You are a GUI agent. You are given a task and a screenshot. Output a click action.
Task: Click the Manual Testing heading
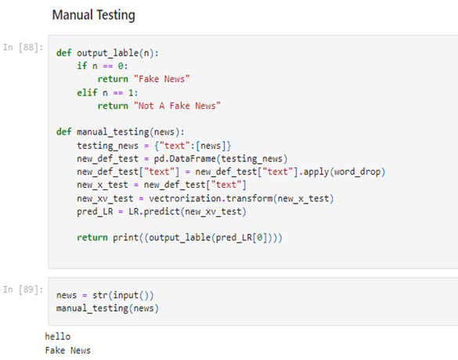[93, 15]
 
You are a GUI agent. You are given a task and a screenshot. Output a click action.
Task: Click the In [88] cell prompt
[23, 47]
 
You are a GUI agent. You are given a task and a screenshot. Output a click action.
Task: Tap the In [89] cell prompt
[23, 290]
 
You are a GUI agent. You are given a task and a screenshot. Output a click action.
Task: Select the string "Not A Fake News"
[177, 106]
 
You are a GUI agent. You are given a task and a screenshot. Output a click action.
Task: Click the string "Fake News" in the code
[162, 79]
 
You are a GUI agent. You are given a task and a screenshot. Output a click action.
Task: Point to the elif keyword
[87, 93]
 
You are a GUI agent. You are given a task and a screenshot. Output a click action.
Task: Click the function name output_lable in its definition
[108, 53]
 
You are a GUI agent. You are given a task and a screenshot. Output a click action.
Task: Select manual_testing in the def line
[113, 132]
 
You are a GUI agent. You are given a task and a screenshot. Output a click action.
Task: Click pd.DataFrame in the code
[185, 159]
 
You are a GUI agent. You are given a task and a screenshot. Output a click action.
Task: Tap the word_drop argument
[357, 171]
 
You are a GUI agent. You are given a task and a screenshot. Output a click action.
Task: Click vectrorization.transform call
[211, 199]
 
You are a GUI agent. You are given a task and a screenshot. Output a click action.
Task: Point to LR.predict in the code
[154, 211]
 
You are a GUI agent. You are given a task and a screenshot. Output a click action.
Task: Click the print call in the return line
[125, 237]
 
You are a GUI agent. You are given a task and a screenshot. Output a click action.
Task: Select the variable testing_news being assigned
[107, 146]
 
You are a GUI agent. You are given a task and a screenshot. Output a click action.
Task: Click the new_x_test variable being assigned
[103, 185]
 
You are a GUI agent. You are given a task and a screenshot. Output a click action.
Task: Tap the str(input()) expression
[123, 295]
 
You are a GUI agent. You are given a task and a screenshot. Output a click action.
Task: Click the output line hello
[57, 337]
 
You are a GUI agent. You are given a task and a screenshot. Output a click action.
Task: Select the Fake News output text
[68, 351]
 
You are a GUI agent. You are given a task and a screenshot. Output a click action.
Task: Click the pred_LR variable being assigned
[95, 211]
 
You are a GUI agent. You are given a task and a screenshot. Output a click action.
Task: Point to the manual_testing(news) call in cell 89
[107, 308]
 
